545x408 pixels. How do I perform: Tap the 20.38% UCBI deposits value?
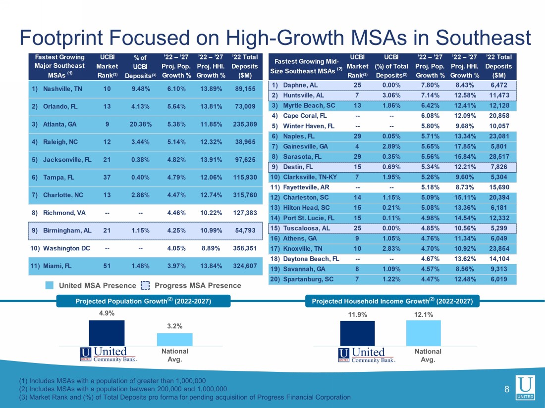pos(141,125)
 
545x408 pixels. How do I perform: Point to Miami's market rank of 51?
pos(108,266)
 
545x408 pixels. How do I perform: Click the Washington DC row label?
pos(66,248)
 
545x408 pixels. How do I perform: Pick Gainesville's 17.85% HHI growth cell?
pos(464,146)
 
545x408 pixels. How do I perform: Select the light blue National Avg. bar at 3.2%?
pos(174,339)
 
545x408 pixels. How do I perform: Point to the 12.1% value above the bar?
pos(424,315)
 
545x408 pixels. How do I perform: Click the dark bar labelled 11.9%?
pos(357,333)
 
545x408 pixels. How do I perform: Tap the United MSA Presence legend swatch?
pos(50,285)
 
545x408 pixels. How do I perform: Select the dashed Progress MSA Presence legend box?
pos(145,285)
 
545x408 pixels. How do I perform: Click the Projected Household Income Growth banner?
pos(392,301)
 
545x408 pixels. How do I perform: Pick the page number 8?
pos(507,389)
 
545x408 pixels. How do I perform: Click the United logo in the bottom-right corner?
pos(525,389)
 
